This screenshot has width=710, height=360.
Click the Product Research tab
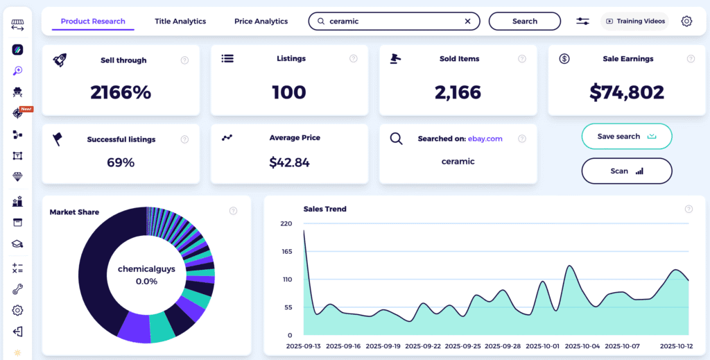(x=93, y=22)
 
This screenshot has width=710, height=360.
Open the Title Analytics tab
(x=180, y=22)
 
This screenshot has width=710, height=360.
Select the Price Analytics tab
(x=261, y=22)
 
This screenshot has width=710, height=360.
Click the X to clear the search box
(x=467, y=22)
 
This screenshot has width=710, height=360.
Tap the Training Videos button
(x=635, y=22)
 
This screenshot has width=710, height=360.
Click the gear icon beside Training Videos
(x=686, y=22)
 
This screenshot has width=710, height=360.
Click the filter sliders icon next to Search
(x=582, y=22)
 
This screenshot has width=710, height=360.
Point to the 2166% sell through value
(x=121, y=92)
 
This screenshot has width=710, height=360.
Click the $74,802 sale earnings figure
(x=627, y=92)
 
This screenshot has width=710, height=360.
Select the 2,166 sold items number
(x=458, y=92)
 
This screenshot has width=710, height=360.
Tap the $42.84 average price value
(x=290, y=163)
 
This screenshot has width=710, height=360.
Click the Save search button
(x=626, y=137)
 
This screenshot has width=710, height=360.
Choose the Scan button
(x=626, y=171)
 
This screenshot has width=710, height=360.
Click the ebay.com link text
(x=485, y=139)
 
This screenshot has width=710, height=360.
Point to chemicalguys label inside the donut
(x=146, y=269)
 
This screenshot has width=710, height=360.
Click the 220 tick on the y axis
(x=286, y=223)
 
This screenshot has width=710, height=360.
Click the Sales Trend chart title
(x=324, y=209)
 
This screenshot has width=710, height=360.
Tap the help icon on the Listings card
(x=354, y=59)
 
